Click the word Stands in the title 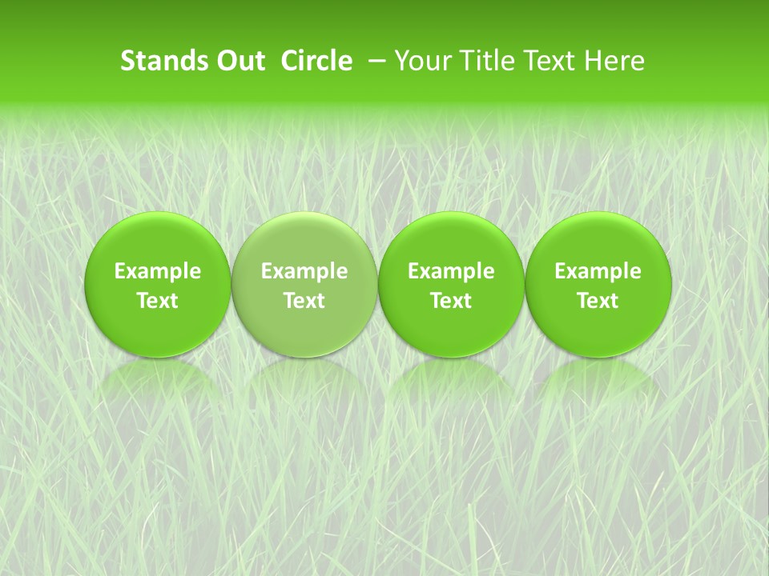click(x=159, y=61)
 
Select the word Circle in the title click(x=316, y=61)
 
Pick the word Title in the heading click(x=485, y=61)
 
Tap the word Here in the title click(x=614, y=61)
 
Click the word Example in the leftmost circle click(x=158, y=271)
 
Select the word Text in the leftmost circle click(x=158, y=301)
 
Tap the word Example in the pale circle click(x=304, y=271)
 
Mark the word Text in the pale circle click(x=304, y=301)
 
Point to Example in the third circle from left click(x=451, y=271)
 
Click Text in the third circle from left click(x=451, y=301)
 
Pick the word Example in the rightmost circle click(x=598, y=271)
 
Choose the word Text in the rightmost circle click(x=598, y=301)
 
